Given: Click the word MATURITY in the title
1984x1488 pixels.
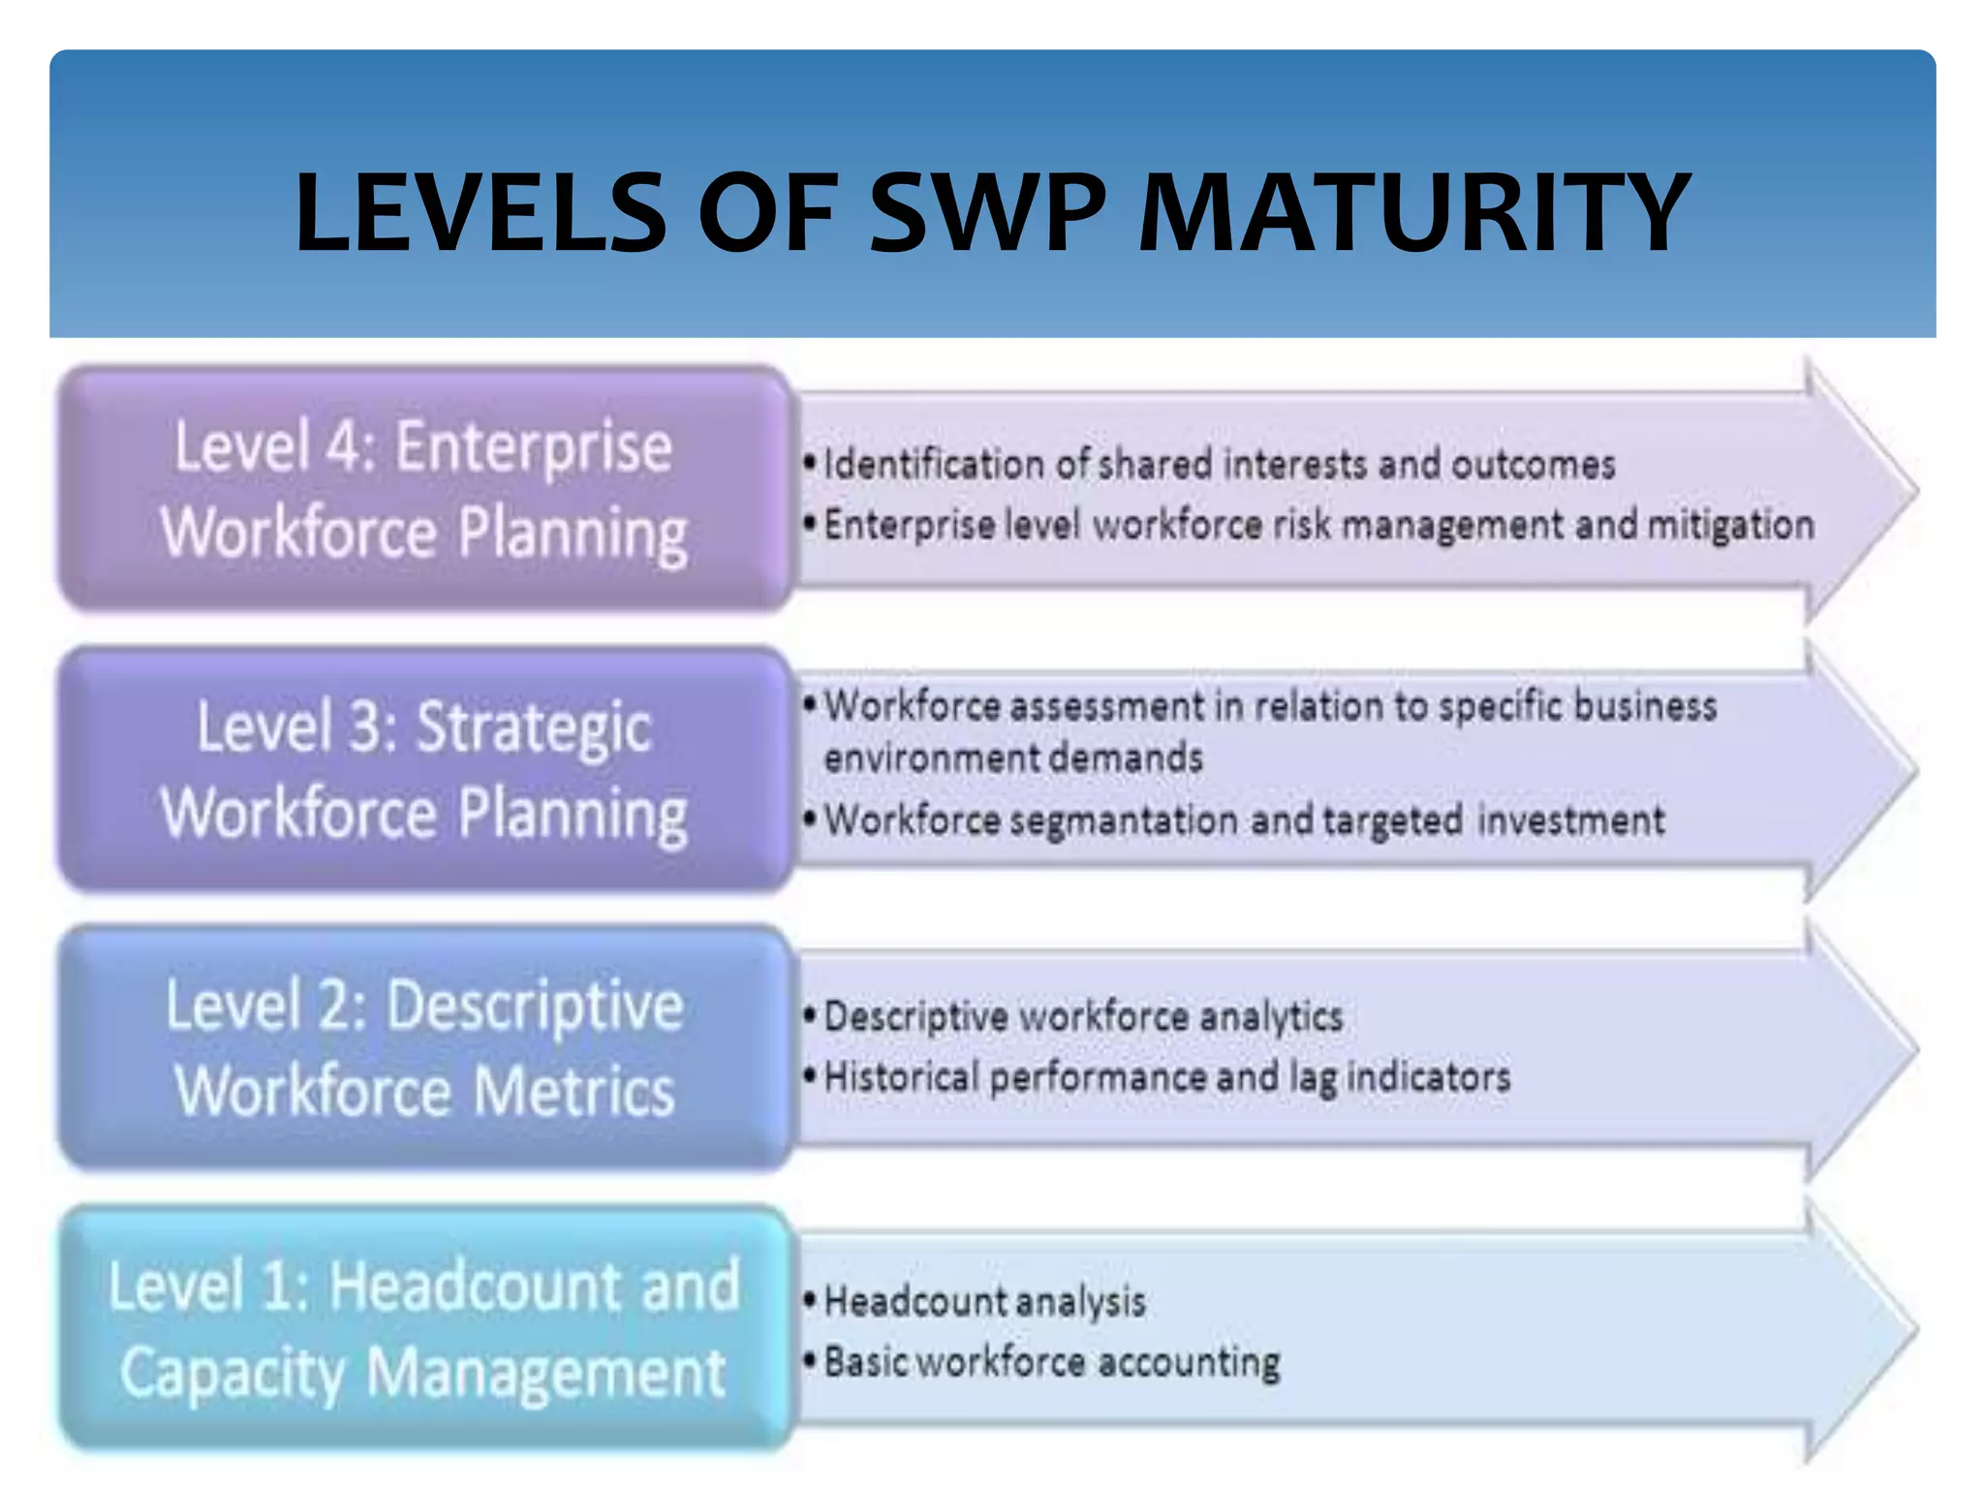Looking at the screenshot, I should tap(1413, 212).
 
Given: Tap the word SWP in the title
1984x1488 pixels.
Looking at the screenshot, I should tap(988, 212).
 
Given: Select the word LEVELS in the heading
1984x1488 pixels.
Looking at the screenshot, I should tap(480, 212).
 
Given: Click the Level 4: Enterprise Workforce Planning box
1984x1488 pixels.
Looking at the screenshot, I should tap(424, 489).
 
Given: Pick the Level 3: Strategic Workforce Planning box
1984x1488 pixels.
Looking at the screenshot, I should tap(424, 769).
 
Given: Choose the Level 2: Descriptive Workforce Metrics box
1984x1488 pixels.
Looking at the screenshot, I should tap(424, 1048).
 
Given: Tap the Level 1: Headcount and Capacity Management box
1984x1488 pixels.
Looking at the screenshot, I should tap(424, 1328).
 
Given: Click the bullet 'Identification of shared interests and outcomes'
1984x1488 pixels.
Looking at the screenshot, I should tap(1219, 465).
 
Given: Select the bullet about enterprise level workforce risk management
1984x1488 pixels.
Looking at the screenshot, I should tap(1317, 525).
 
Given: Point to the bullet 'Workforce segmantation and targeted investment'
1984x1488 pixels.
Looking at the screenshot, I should tap(1244, 821).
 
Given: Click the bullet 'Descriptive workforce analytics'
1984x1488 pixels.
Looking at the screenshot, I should tap(1083, 1017).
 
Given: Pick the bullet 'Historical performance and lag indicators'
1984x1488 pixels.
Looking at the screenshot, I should tap(1166, 1077).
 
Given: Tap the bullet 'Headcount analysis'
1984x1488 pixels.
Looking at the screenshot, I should tap(984, 1301).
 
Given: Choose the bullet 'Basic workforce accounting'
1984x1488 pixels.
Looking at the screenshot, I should tap(1051, 1362).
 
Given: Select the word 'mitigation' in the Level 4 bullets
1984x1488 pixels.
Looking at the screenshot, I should tap(1731, 525).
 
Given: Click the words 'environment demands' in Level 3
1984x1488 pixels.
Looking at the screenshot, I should tap(1013, 758).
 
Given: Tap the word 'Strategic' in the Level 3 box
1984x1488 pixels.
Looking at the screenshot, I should tap(534, 728).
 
